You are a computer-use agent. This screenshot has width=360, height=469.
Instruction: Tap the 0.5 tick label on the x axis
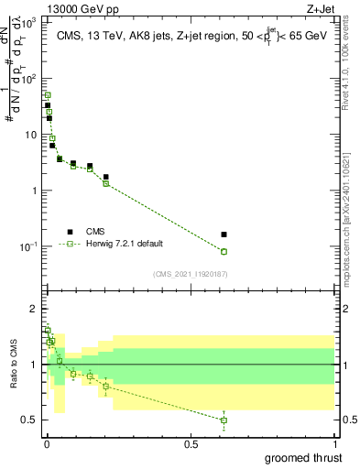(191, 444)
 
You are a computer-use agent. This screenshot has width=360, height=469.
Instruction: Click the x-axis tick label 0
(47, 444)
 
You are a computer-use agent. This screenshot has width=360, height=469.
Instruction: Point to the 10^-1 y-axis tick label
(30, 246)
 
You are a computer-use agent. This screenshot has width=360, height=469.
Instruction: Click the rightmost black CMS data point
(224, 234)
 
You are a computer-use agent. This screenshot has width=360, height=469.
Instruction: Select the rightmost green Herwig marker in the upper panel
(224, 251)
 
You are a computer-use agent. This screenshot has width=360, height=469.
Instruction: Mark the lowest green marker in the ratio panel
(224, 420)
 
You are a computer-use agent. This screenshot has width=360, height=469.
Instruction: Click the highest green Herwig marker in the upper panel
(48, 95)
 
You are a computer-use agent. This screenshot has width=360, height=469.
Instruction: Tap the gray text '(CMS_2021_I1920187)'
(189, 273)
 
